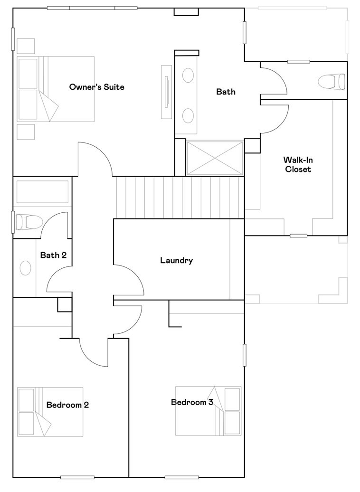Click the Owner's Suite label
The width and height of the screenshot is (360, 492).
97,87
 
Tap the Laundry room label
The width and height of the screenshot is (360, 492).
176,260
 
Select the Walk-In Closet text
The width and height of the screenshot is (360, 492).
298,164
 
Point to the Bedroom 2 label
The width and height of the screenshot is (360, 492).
67,405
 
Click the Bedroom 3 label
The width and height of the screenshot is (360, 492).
192,402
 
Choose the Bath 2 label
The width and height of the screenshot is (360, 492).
53,255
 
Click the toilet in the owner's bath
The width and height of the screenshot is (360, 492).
332,81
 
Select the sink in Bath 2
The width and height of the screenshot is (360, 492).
26,268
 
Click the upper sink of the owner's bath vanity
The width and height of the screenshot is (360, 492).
188,76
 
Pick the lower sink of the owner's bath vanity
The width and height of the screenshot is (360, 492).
188,115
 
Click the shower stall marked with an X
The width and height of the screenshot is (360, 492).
215,158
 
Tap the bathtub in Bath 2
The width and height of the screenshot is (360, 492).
42,191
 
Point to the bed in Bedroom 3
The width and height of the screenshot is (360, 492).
208,411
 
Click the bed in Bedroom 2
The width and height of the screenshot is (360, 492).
50,412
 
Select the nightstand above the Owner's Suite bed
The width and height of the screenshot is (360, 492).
26,46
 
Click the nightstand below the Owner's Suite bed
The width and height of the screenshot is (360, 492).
26,132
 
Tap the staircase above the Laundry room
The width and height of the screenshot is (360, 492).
180,198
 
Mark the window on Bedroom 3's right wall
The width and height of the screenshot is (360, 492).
245,355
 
